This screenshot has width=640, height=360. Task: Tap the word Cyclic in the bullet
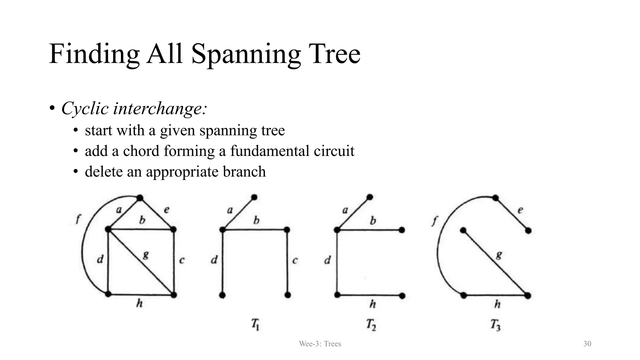pos(85,108)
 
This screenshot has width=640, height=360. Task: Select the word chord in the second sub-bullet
pos(141,151)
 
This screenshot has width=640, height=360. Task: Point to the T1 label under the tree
pos(255,325)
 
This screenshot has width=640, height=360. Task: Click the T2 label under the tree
pos(371,325)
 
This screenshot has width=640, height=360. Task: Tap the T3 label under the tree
pos(495,325)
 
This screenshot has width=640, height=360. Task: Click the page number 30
pos(587,344)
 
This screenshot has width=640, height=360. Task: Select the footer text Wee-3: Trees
pos(320,344)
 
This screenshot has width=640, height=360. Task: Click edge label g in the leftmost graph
pos(146,255)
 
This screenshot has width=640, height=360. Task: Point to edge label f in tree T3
pos(434,221)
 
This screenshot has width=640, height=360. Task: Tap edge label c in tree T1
pos(295,260)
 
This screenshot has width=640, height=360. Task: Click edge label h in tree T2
pos(372,304)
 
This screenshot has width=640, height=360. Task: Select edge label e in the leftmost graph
pos(167,210)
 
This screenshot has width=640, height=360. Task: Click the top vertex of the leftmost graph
pos(140,198)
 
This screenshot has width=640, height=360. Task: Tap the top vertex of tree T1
pos(254,197)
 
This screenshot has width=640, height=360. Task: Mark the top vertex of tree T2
pos(370,197)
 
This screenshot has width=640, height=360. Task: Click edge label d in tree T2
pos(327,260)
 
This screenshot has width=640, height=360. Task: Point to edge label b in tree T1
pos(256,221)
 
